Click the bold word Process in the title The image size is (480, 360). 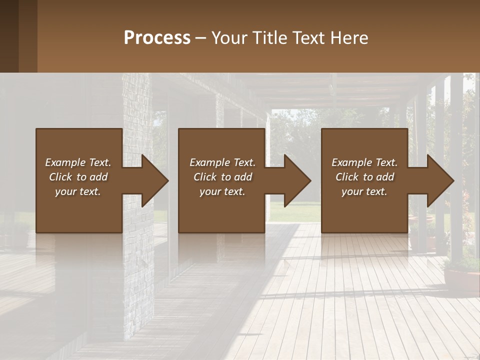point(157,38)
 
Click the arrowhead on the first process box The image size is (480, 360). point(152,180)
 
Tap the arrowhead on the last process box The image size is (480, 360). point(438,180)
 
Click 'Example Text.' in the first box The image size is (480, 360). point(78,162)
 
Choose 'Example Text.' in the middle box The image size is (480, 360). point(222,162)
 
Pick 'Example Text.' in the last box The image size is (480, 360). point(364,162)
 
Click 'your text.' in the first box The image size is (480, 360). point(78,191)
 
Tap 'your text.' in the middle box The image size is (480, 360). point(222,191)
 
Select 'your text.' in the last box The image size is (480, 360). point(364,191)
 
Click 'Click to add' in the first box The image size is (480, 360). point(78,177)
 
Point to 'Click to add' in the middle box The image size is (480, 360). point(222,177)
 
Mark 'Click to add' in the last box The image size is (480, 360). point(364,177)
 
